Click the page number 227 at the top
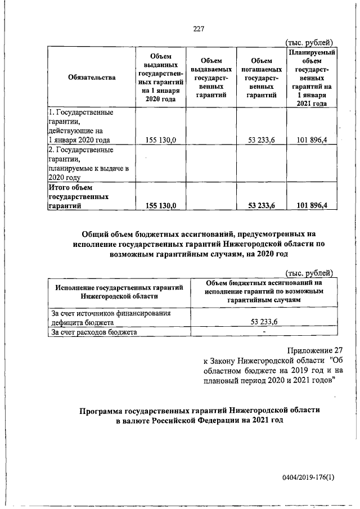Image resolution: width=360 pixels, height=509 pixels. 197,29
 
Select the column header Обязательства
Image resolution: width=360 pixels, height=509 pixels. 92,78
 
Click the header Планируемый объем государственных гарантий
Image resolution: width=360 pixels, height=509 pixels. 312,78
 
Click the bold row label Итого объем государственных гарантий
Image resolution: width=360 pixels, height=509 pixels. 74,197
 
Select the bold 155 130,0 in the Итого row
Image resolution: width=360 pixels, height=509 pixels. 161,206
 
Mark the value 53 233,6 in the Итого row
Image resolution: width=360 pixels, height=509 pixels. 261,206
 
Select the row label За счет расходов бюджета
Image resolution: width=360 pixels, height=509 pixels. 94,332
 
